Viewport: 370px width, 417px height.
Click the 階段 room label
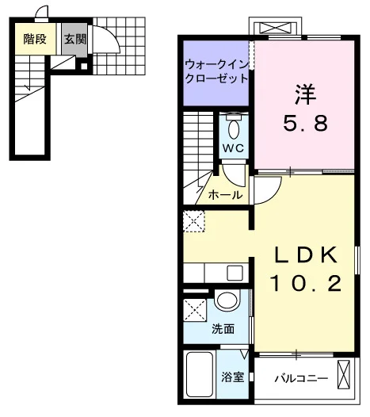[35, 39]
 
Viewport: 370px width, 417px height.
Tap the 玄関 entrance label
[75, 39]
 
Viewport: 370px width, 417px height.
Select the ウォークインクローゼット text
[216, 72]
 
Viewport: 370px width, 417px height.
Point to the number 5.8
[305, 124]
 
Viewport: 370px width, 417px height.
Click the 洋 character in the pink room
[305, 94]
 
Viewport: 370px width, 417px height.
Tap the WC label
[234, 148]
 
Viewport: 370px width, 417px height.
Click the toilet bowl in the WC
[234, 129]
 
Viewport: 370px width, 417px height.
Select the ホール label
[225, 195]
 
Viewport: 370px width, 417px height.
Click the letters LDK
[306, 254]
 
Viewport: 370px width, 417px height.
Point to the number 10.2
[306, 283]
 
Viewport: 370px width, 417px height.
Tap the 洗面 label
[223, 329]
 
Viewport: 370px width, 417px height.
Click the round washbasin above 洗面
[227, 300]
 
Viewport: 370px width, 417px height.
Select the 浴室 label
[233, 377]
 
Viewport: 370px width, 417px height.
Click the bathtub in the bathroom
[200, 375]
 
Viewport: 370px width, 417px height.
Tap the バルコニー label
[301, 378]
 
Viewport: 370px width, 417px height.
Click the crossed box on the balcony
[344, 374]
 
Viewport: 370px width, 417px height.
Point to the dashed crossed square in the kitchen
[194, 221]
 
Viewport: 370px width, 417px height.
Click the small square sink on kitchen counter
[235, 273]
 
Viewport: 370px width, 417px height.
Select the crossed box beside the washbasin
[195, 310]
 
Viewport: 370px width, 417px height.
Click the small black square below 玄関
[84, 67]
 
